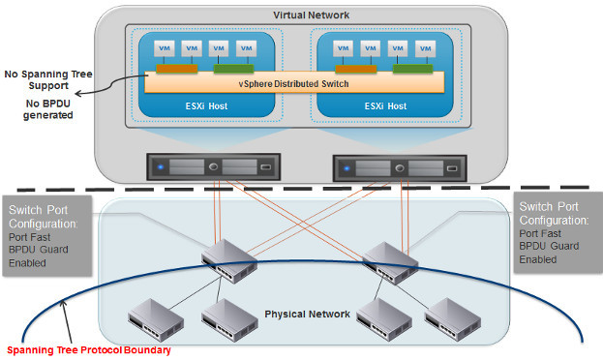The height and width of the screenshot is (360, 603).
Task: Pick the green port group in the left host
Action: coord(233,68)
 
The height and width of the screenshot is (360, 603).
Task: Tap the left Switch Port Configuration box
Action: coord(45,233)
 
